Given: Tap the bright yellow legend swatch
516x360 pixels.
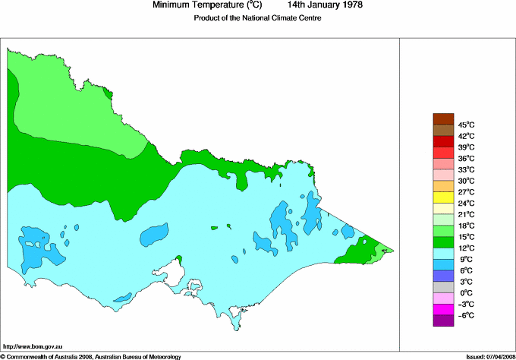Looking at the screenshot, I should click(443, 197).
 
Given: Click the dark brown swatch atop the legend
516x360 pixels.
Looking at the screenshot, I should click(443, 118).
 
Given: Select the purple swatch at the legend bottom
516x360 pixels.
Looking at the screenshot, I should click(443, 321).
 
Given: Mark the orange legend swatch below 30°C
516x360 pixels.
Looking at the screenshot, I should click(443, 186).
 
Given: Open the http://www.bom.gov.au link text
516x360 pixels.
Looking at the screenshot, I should click(33, 346).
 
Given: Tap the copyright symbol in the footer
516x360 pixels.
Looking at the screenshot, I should click(3, 356).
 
